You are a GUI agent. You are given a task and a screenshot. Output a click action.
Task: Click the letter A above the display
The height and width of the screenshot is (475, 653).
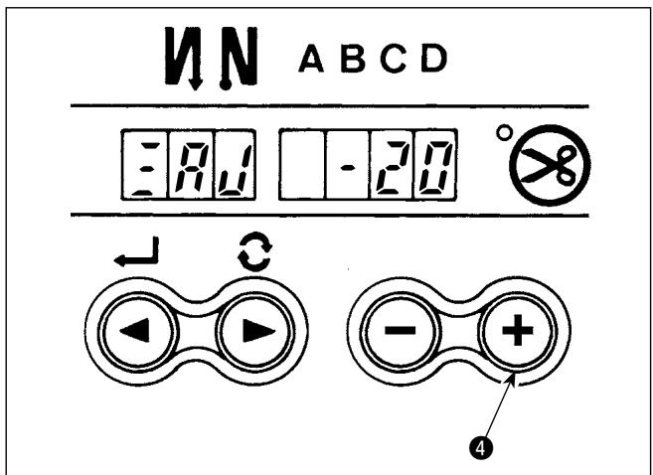tap(311, 59)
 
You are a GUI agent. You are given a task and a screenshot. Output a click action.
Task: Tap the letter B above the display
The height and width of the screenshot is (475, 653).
tap(353, 59)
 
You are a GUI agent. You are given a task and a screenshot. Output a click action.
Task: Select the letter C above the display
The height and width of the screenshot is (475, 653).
tap(394, 59)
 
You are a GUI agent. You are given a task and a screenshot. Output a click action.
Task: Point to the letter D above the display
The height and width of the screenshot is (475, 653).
tap(433, 59)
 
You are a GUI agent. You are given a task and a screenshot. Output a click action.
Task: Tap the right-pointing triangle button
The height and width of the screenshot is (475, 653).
tap(254, 332)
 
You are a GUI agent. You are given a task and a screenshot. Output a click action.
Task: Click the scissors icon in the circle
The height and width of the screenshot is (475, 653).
tap(550, 165)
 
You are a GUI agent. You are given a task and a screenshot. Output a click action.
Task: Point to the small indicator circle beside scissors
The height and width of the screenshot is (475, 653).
tap(504, 133)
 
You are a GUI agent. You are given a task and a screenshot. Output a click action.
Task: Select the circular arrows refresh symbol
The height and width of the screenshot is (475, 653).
tap(254, 254)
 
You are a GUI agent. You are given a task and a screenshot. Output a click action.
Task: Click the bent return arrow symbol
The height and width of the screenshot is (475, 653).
tap(136, 252)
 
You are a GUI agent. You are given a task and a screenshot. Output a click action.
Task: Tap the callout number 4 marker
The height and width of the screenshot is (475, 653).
tap(480, 449)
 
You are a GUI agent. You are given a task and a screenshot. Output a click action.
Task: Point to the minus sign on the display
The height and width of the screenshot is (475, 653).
tap(348, 168)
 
